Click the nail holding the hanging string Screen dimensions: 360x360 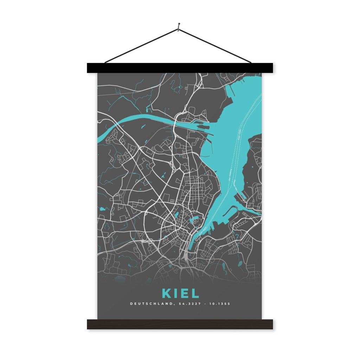pyautogui.click(x=179, y=25)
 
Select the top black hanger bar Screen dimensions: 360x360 pyautogui.click(x=180, y=68)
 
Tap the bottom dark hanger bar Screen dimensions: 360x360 pyautogui.click(x=180, y=324)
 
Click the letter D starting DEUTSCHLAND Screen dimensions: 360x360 pyautogui.click(x=131, y=303)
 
